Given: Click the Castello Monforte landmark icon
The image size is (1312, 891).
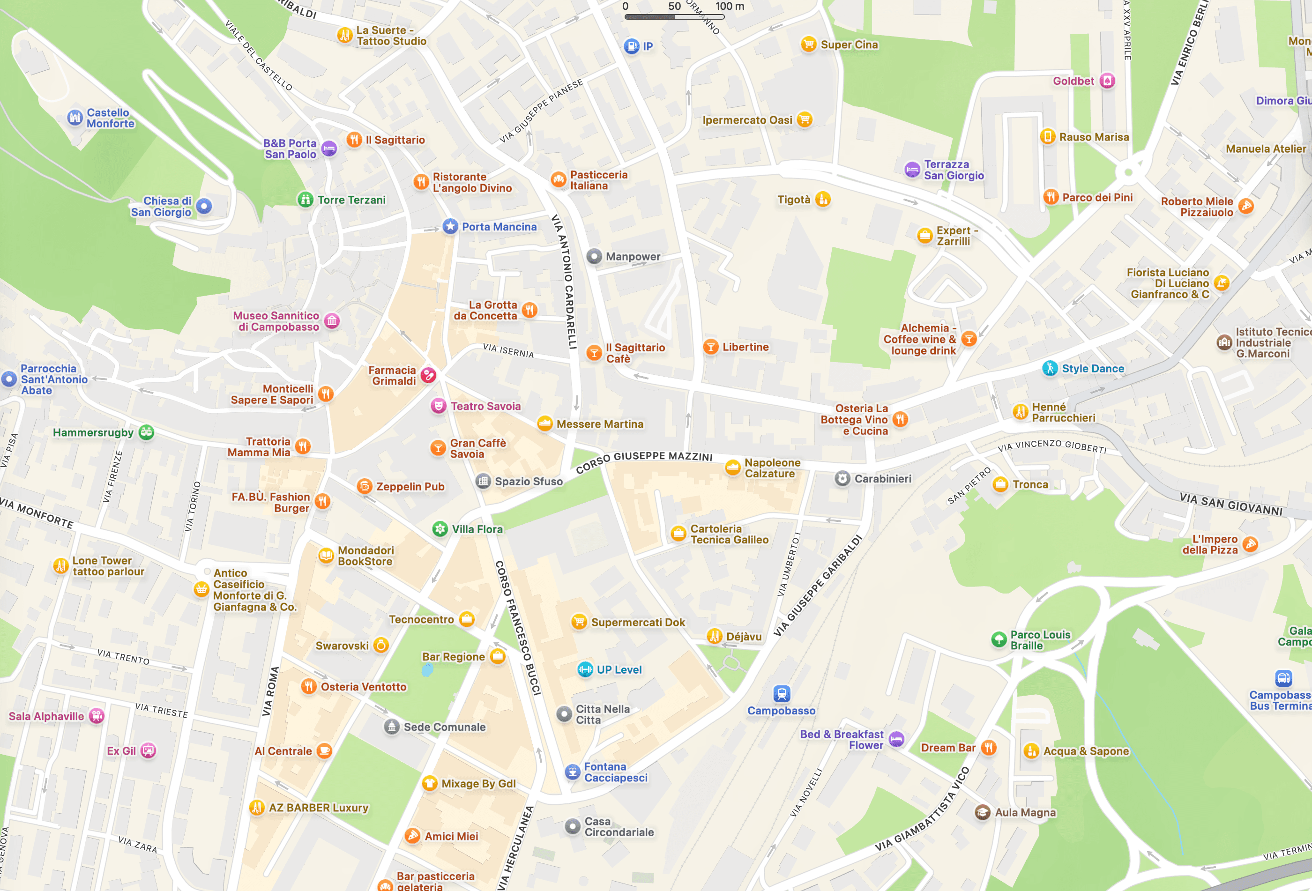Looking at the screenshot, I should coord(75,118).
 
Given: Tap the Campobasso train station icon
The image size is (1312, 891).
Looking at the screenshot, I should coord(781,693).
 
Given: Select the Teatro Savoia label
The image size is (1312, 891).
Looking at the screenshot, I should coord(485,406).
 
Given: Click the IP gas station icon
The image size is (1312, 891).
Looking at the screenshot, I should coord(631,46).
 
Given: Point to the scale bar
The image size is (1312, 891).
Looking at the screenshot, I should coord(674,17).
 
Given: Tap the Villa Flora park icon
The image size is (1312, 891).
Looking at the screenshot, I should coord(440,529).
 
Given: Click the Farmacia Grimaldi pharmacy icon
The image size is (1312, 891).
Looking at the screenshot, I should coord(428,375).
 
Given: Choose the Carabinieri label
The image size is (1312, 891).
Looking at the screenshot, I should coord(882,478).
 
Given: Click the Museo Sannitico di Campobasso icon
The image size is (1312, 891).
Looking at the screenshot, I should coord(332,320).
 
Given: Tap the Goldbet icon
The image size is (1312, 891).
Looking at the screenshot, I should coord(1107,81).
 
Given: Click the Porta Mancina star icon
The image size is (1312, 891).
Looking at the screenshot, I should coord(450,226).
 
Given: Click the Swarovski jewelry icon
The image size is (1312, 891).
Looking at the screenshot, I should coord(381,645).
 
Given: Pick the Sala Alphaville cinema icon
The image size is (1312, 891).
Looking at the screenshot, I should coord(97,715).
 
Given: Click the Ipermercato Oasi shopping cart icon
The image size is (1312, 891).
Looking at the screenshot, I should coord(805,119).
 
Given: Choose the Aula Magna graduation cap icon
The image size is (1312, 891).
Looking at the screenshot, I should coord(982,812).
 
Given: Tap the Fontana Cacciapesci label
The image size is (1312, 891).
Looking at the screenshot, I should coord(615,772).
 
